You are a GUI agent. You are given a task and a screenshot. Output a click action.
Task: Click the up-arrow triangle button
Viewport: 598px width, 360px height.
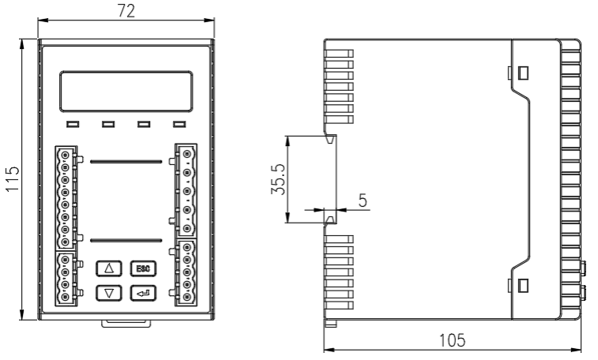tap(109, 268)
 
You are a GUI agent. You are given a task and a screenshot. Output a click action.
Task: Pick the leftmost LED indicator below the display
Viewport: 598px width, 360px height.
tap(73, 124)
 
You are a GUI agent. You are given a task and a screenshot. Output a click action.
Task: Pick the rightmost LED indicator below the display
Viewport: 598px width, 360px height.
tap(179, 124)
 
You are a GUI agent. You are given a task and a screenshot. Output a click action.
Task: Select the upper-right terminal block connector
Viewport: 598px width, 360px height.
tap(187, 189)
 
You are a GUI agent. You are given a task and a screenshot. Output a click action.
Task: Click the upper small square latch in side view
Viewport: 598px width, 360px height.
tap(523, 73)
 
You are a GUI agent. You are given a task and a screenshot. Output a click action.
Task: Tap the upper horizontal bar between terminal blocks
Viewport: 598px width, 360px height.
tap(126, 161)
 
